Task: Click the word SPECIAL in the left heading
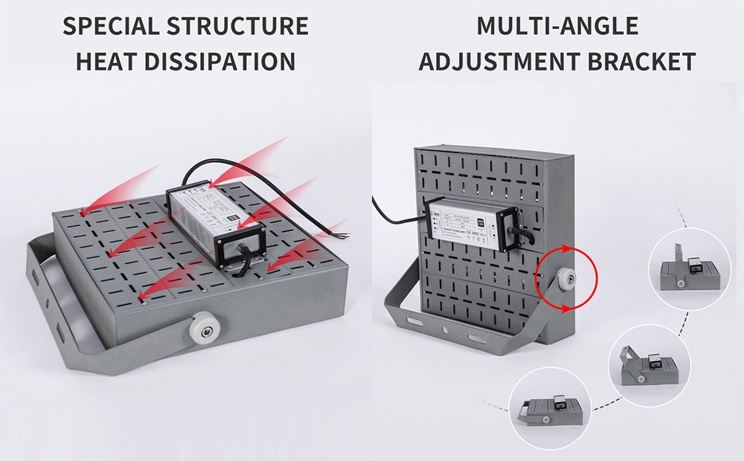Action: (x=110, y=26)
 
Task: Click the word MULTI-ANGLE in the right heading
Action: (x=557, y=26)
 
